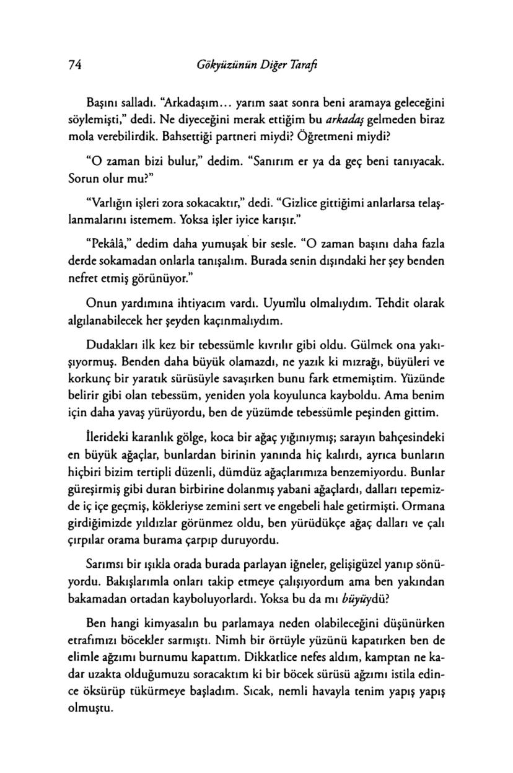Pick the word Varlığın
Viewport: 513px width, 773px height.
tap(110, 203)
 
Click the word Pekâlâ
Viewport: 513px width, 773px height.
tap(108, 245)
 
